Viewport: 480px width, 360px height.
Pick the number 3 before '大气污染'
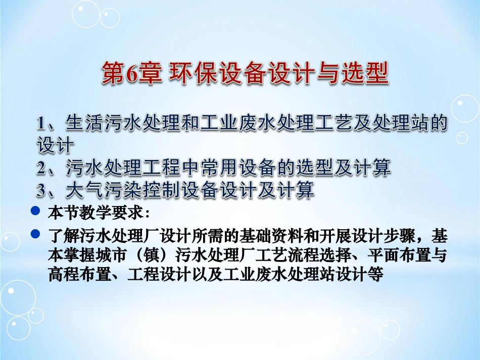42,190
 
